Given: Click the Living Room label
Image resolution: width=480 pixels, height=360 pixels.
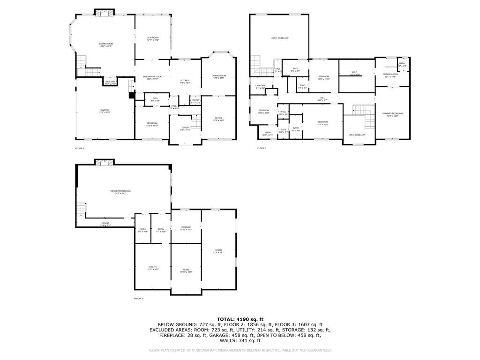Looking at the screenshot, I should point(106,45).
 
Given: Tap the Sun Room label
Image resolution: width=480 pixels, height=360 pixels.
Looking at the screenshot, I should point(153,38).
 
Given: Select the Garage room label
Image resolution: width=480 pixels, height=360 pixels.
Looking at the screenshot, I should point(104,111).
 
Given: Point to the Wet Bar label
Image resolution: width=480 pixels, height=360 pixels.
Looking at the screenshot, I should point(110,82).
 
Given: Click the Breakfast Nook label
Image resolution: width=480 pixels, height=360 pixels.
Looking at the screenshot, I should point(152,77).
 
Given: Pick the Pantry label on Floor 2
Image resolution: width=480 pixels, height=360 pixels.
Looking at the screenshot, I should point(195,101).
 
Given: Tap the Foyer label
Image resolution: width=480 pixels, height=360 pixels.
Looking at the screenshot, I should point(186,128).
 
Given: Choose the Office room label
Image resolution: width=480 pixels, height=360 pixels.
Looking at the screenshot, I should point(218,119).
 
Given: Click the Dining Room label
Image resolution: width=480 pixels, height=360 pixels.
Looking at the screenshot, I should point(219,76).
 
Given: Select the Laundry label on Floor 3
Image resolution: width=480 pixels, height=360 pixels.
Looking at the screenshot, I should point(260,87).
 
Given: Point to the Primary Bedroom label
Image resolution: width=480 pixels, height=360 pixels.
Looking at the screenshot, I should point(392,114).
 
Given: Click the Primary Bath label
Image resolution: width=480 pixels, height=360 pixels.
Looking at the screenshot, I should point(390,75).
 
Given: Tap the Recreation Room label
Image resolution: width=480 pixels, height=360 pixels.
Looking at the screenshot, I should point(120,192).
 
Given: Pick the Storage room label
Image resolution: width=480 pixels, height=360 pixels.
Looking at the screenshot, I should point(186,228).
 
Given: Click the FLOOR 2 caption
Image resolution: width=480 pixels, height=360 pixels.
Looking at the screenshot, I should point(80,148).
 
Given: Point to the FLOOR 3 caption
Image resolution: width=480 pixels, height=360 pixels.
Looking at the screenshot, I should point(262,148).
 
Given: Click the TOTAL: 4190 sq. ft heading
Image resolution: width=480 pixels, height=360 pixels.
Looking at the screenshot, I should point(240,319).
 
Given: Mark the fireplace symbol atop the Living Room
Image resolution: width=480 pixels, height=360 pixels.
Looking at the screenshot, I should point(104,13).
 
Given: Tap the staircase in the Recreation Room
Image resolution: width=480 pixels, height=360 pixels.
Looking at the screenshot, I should point(82,209).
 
